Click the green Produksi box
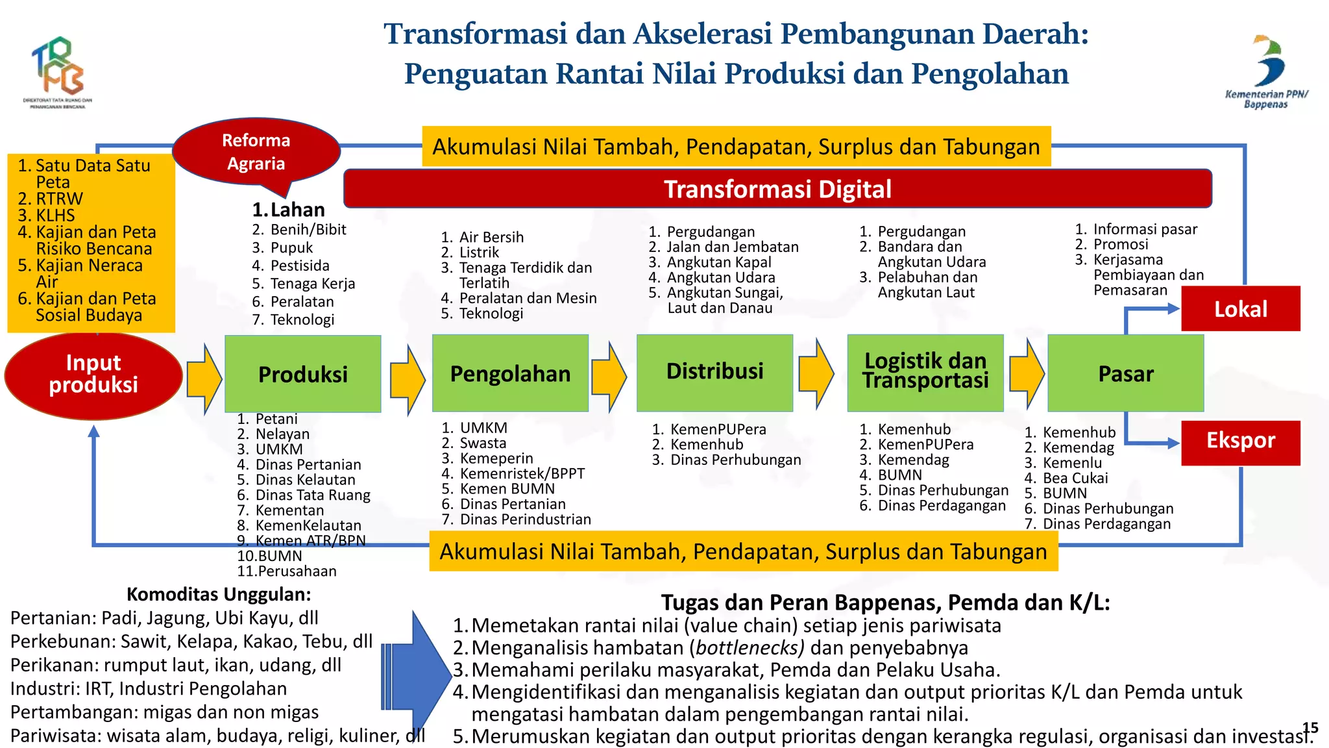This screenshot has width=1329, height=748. [x=302, y=373]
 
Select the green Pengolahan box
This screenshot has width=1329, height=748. [x=510, y=373]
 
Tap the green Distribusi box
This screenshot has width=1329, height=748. [x=714, y=372]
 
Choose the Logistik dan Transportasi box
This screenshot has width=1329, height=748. [x=925, y=372]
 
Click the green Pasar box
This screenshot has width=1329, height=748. [x=1125, y=373]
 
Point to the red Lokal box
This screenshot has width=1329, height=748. [x=1240, y=308]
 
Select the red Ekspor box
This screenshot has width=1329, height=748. [x=1240, y=442]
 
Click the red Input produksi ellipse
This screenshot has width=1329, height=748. [x=93, y=375]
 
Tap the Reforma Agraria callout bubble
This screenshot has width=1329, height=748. [x=256, y=152]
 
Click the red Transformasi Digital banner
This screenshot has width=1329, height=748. [x=777, y=189]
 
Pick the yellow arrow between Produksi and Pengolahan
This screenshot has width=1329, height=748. [x=407, y=380]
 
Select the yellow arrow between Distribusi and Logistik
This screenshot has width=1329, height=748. [x=816, y=374]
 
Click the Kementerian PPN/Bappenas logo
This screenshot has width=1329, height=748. [x=1267, y=71]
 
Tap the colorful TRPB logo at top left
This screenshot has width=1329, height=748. [x=58, y=68]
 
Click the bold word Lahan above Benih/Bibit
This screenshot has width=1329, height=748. [x=297, y=210]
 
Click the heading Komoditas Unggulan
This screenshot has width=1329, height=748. [x=219, y=594]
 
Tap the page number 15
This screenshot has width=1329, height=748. [x=1310, y=728]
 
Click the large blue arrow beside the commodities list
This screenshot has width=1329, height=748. [x=419, y=675]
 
